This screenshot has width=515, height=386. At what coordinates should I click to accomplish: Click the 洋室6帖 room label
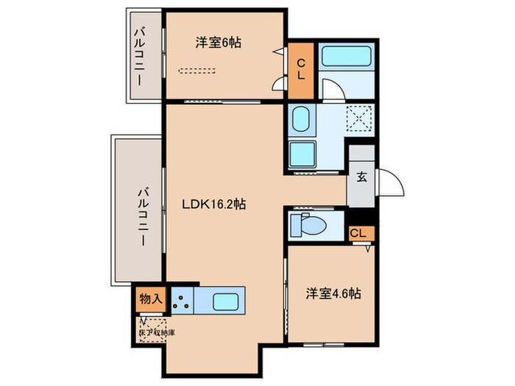coord(219,43)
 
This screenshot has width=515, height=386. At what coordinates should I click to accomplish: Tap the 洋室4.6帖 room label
coord(333,293)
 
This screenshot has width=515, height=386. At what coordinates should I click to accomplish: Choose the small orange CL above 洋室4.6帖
coord(360,234)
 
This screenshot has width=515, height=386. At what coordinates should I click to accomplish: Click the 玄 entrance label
coord(362,176)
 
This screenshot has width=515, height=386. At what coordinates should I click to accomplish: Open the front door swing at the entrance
coord(391,184)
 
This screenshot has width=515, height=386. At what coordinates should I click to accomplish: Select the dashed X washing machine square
coord(359,117)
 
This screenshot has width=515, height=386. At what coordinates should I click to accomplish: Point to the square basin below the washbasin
coord(302,154)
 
